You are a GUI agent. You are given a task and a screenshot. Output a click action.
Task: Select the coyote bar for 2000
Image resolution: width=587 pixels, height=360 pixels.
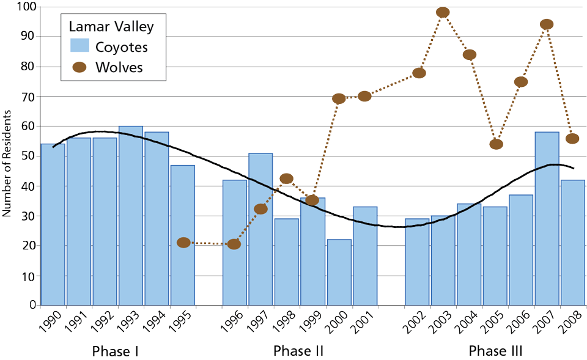[x=339, y=273]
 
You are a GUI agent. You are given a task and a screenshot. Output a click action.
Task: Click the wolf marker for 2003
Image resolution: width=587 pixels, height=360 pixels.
[x=443, y=12]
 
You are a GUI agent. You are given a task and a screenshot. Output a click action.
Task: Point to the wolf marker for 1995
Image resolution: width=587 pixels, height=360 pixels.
[x=183, y=243]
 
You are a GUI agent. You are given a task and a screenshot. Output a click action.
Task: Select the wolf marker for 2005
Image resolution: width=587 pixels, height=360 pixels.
[x=496, y=144]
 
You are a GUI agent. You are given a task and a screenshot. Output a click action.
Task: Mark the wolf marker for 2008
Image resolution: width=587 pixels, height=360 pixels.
[x=573, y=139]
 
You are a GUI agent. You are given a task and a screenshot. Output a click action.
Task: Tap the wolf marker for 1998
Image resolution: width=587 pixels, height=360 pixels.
[x=286, y=179]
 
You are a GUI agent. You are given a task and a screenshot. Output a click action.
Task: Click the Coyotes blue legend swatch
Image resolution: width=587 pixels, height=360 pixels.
[x=79, y=46]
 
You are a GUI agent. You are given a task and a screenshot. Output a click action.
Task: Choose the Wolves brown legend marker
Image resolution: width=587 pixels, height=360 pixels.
[x=79, y=67]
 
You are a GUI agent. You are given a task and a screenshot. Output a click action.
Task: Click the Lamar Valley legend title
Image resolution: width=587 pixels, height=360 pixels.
[x=111, y=26]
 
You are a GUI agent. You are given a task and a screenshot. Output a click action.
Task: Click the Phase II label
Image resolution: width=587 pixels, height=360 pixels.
[x=298, y=351]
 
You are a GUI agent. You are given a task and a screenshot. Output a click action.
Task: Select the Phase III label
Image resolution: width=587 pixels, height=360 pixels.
[x=495, y=351]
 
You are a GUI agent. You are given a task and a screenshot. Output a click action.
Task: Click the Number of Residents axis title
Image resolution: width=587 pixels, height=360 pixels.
[x=7, y=164]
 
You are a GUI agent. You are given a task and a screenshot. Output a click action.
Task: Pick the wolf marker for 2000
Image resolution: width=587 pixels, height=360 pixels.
[x=339, y=98]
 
